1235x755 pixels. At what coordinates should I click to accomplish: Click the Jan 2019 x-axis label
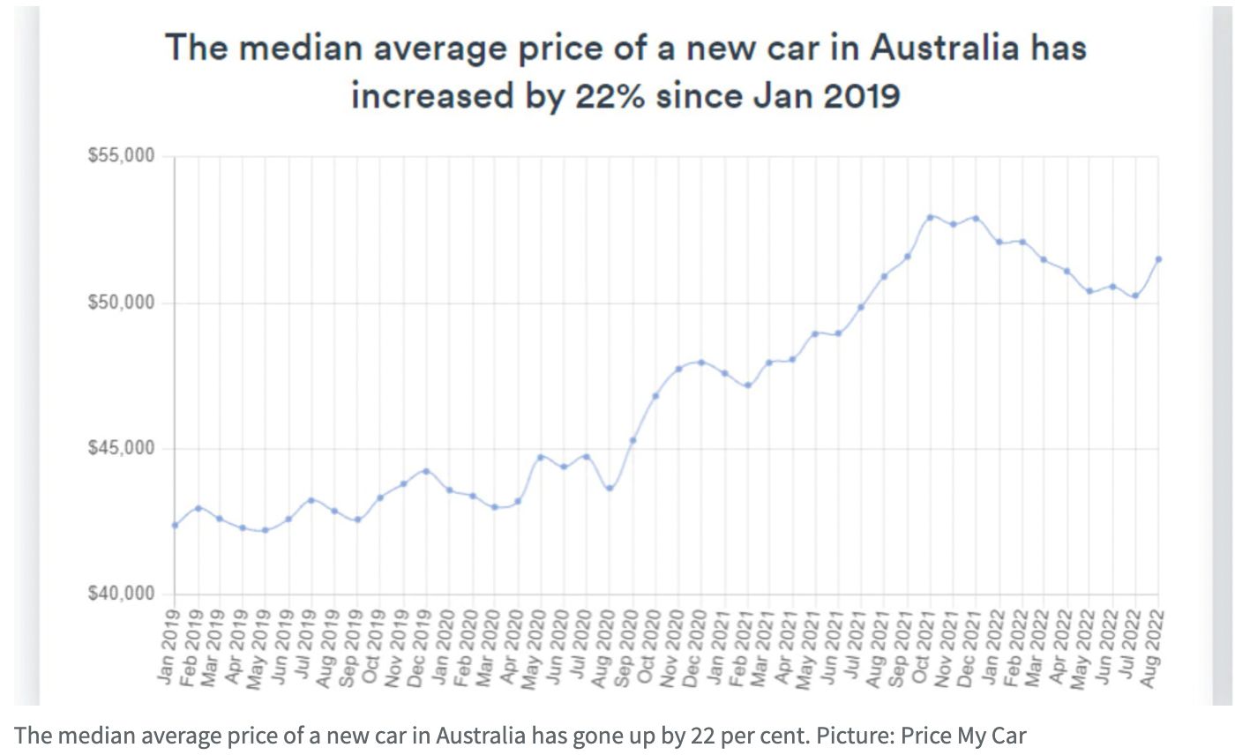(170, 638)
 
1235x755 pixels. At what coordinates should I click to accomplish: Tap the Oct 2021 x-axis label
(925, 638)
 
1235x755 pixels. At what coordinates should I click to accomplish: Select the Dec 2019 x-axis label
(422, 638)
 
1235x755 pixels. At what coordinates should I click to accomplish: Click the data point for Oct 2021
(930, 217)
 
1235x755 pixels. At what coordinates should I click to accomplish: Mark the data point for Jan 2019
(175, 525)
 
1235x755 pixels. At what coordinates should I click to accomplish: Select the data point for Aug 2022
(1158, 259)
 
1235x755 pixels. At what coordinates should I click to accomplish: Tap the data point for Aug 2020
(609, 488)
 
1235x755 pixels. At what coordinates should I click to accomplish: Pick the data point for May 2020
(541, 457)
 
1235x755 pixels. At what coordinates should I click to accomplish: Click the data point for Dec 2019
(426, 471)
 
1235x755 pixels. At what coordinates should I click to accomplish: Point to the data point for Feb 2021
(746, 385)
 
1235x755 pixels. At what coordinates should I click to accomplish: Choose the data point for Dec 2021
(976, 218)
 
